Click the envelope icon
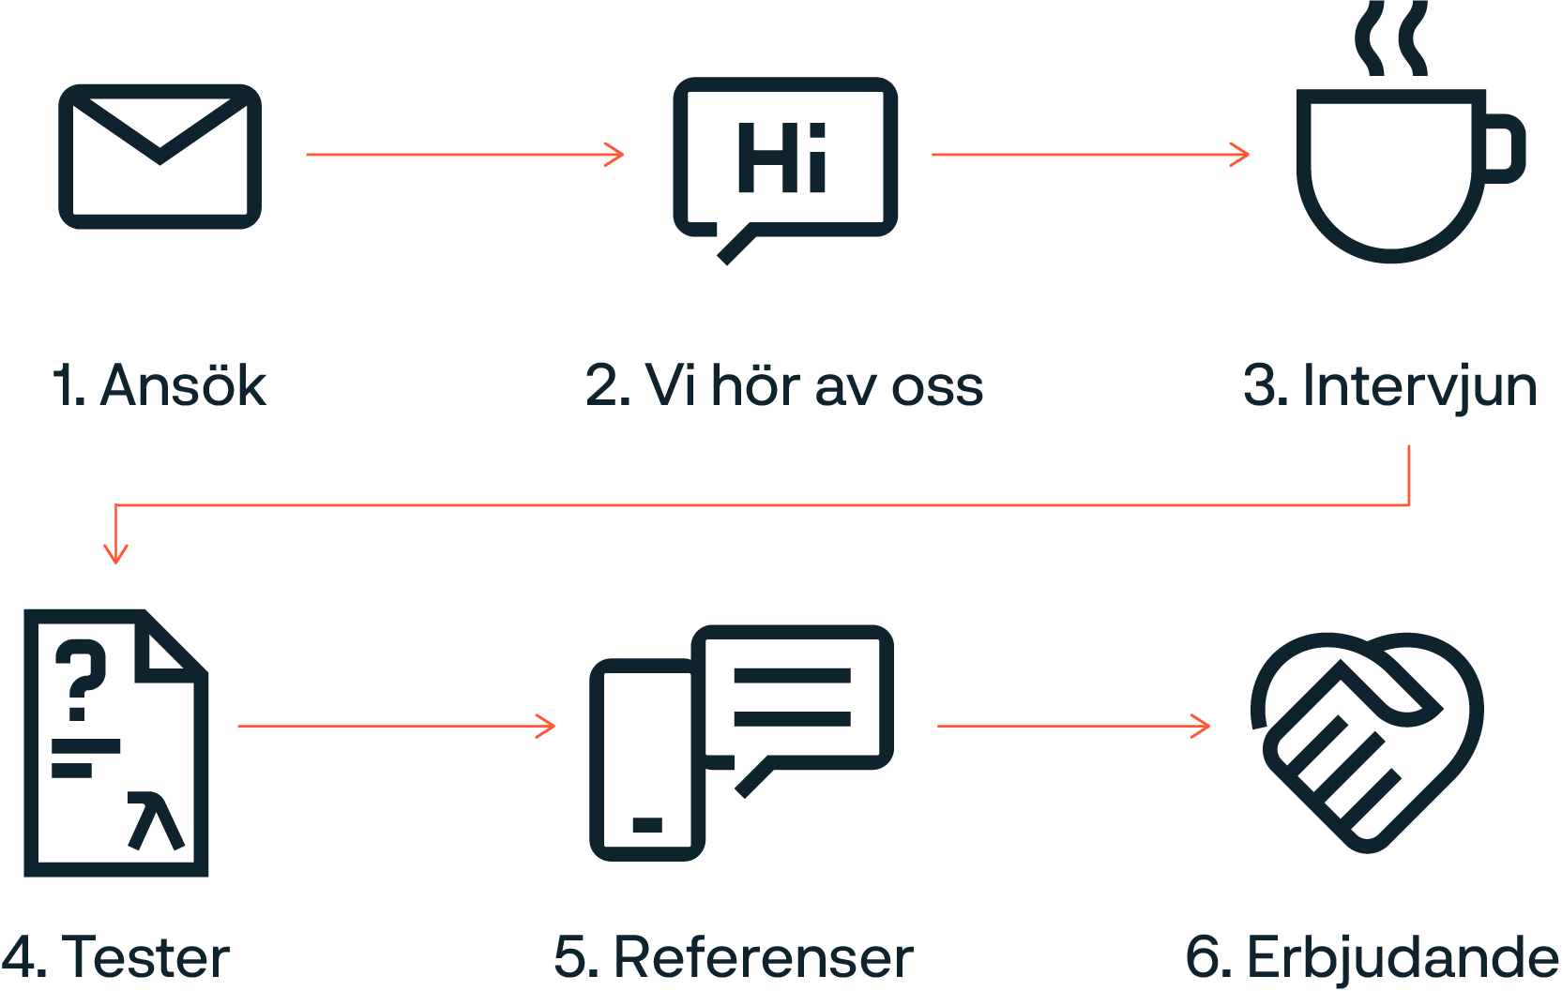pyautogui.click(x=159, y=157)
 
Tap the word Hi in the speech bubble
pyautogui.click(x=781, y=158)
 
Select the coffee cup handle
pyautogui.click(x=1505, y=148)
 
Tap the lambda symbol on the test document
pyautogui.click(x=156, y=820)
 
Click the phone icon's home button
pyautogui.click(x=646, y=825)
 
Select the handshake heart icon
pyautogui.click(x=1366, y=741)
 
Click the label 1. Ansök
pyautogui.click(x=159, y=385)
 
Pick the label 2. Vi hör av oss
pyautogui.click(x=784, y=385)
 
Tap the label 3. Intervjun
pyautogui.click(x=1390, y=385)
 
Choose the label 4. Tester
pyautogui.click(x=115, y=957)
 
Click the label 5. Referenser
pyautogui.click(x=733, y=957)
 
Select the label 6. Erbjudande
pyautogui.click(x=1372, y=957)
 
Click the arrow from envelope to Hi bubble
pyautogui.click(x=464, y=155)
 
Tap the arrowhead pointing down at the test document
pyautogui.click(x=115, y=552)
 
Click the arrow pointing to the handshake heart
pyautogui.click(x=1073, y=726)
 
